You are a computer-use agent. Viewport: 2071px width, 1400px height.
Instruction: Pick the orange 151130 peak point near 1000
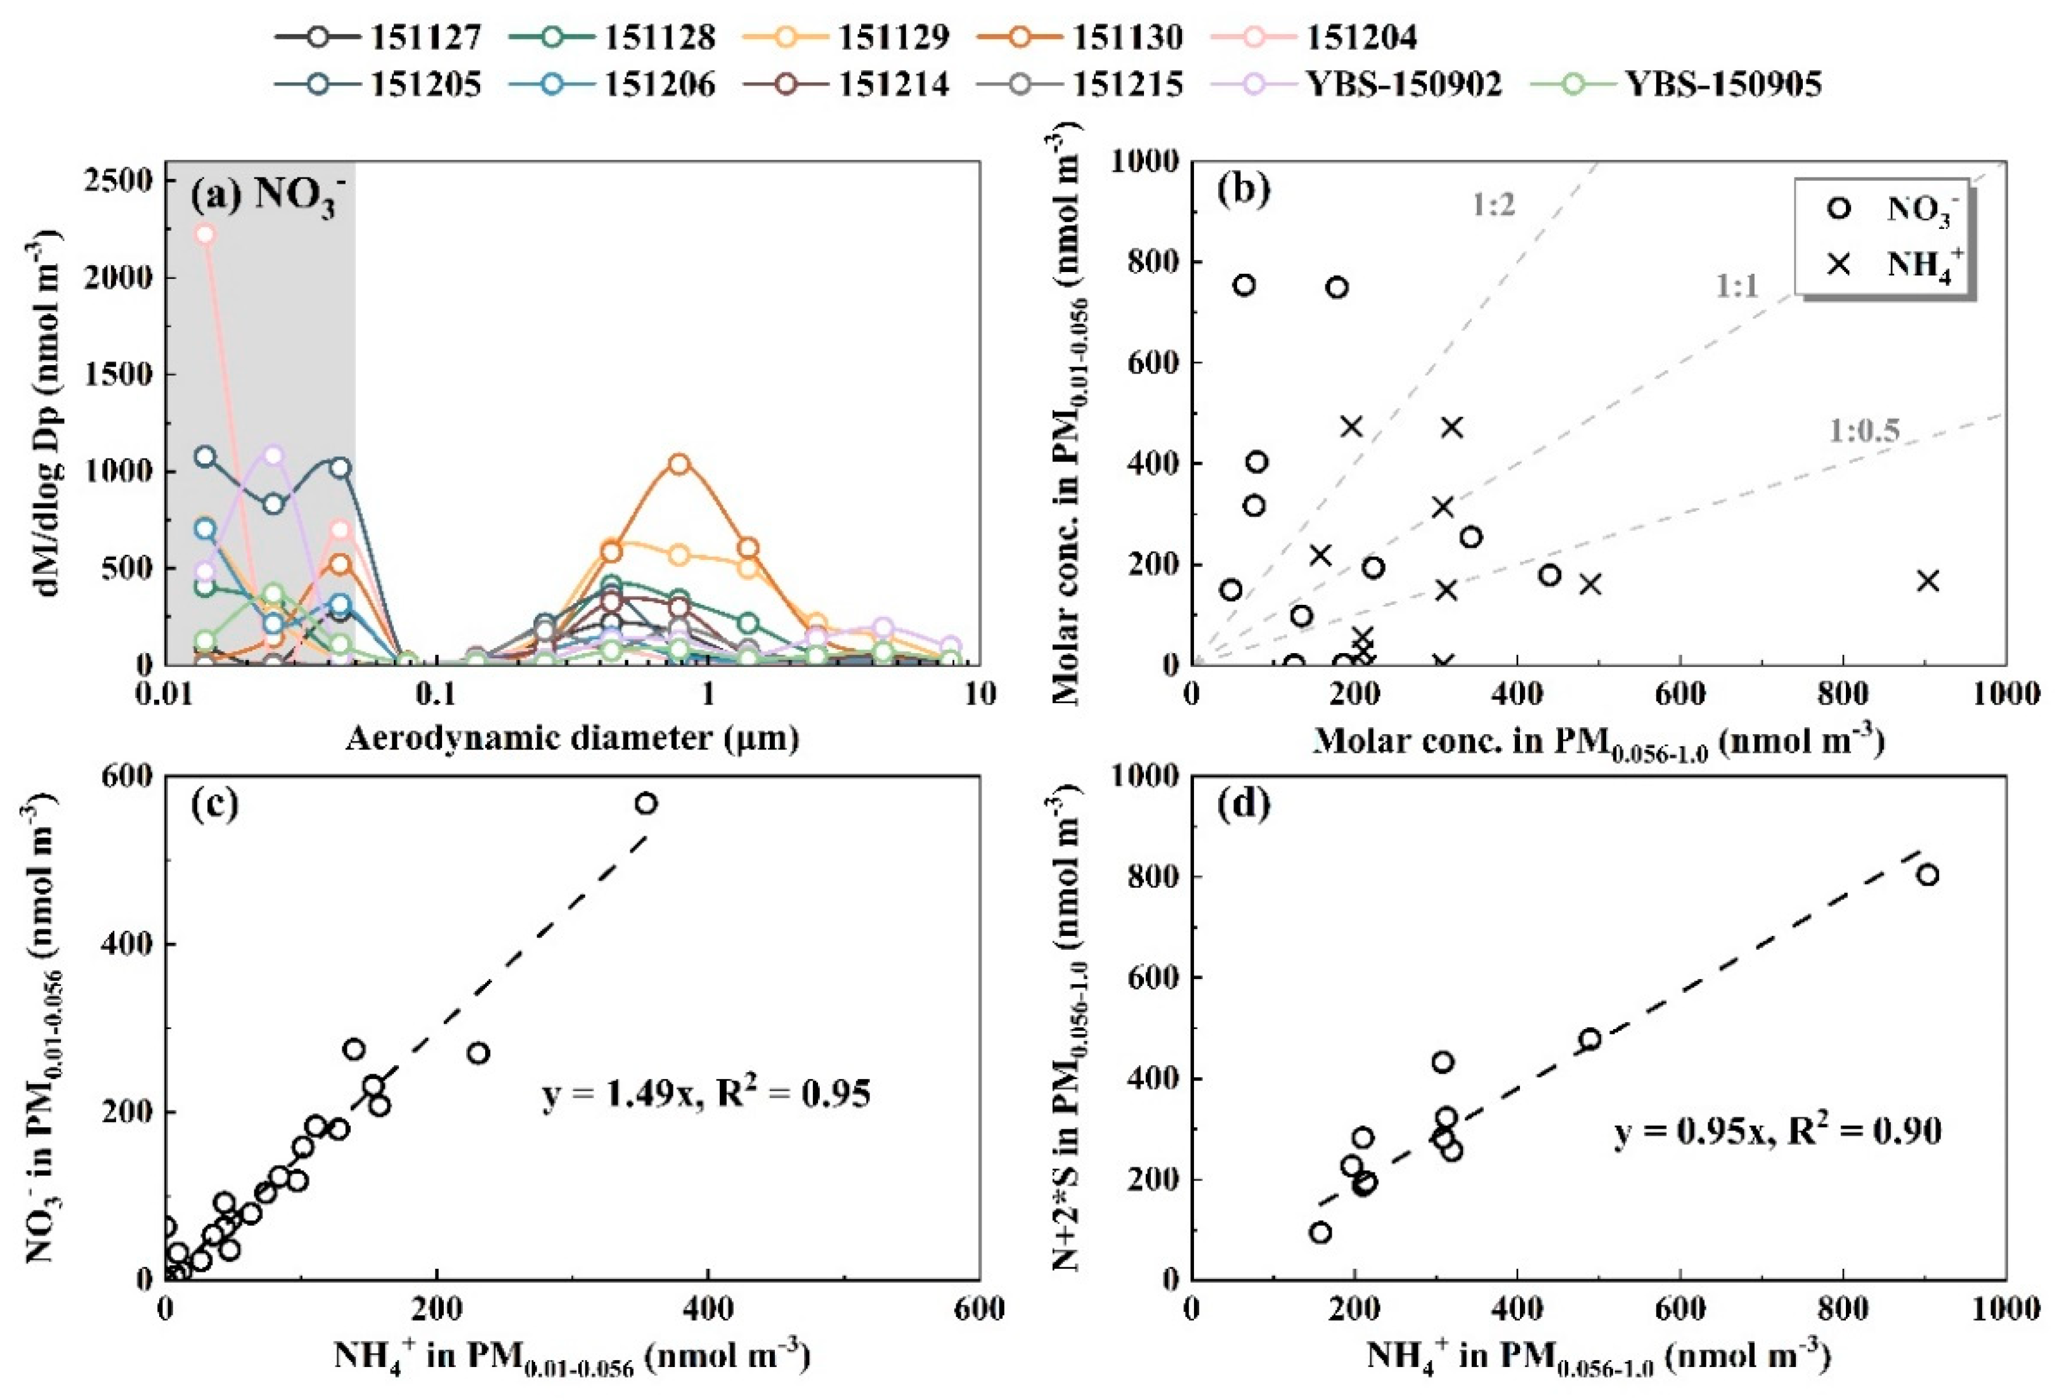(x=680, y=464)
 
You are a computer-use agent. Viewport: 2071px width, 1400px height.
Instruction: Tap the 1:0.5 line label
(x=1864, y=431)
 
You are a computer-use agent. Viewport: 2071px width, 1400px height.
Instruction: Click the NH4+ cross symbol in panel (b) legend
(x=1838, y=264)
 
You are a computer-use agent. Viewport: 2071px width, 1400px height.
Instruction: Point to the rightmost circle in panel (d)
(x=1928, y=875)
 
